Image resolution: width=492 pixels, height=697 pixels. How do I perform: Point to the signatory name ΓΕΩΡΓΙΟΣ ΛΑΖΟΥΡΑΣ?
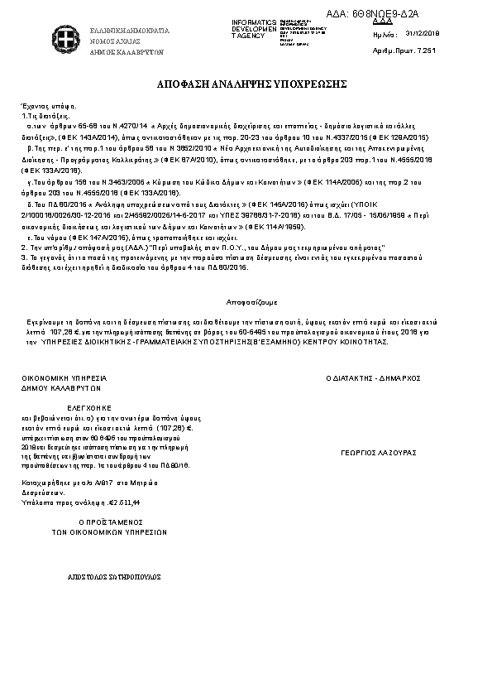coord(378,453)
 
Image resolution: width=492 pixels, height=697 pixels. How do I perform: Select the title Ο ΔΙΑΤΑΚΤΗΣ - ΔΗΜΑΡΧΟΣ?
coord(374,377)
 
